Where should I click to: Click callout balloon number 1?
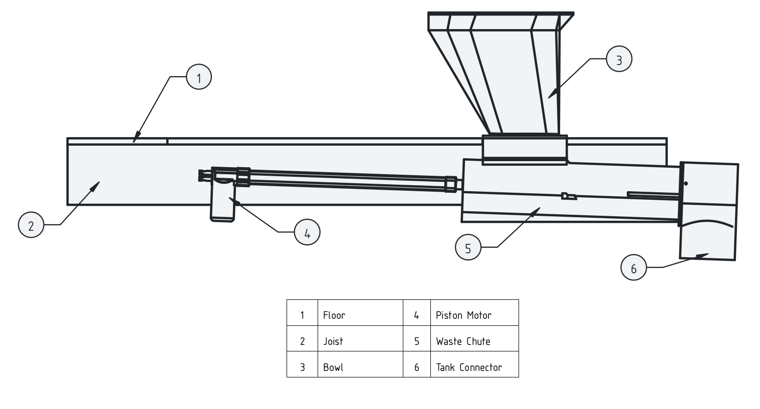199,78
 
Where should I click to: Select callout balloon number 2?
31,225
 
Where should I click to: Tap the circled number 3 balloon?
619,60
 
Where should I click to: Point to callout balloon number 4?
307,233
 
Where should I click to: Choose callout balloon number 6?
633,268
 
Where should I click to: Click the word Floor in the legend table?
334,315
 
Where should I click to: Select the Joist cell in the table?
333,341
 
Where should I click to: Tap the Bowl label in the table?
333,367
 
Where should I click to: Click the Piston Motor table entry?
463,315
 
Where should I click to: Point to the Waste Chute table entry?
463,341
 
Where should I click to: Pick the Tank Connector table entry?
468,367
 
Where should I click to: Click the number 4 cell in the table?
416,315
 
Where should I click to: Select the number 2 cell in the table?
302,341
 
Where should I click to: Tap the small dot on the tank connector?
686,184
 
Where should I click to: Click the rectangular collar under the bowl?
525,149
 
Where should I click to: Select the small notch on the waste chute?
568,196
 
